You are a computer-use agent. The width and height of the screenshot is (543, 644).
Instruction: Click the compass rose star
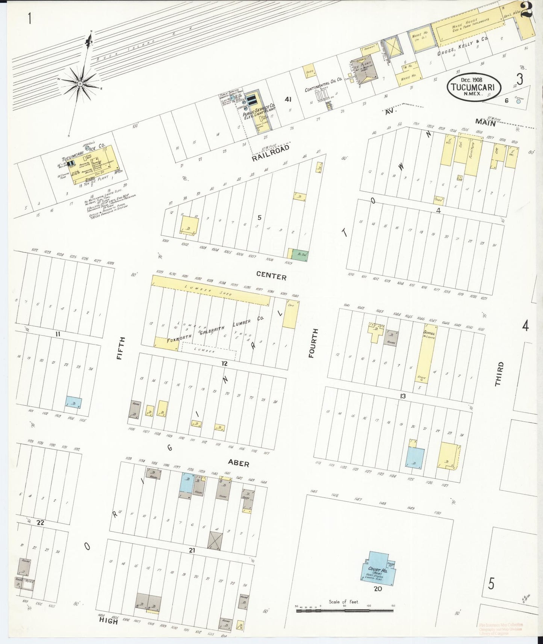80,83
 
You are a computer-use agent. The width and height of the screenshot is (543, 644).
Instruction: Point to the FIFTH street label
120,348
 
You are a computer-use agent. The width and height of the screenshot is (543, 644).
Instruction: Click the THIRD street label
499,374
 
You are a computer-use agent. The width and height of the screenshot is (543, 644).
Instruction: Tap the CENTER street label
271,276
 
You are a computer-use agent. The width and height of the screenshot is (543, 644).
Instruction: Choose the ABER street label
238,463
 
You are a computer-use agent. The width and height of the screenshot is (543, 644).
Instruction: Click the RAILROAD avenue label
271,153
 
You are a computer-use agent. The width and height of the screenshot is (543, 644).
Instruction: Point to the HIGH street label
108,621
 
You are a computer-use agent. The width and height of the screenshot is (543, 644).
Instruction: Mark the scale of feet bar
345,611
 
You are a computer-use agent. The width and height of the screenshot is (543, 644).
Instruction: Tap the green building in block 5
301,255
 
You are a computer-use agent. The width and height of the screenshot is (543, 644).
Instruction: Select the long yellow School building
426,357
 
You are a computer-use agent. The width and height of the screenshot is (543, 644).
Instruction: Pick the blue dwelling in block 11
74,402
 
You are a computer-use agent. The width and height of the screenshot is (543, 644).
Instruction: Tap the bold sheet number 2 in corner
526,9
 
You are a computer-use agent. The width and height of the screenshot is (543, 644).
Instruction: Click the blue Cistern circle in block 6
519,101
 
